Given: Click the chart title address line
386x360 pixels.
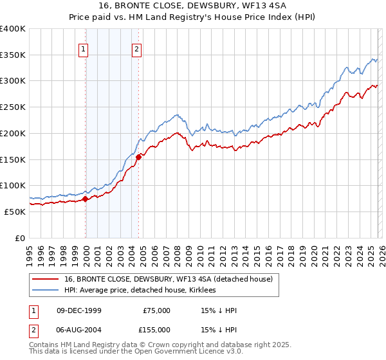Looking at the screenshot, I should [x=193, y=6].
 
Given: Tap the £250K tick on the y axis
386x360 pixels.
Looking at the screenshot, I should [x=13, y=107].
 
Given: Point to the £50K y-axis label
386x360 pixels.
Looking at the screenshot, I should [x=15, y=212].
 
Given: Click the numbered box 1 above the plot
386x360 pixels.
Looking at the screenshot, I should [x=84, y=47].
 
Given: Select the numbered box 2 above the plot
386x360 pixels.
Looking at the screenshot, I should [x=137, y=47].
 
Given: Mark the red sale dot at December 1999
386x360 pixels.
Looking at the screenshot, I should [x=85, y=199].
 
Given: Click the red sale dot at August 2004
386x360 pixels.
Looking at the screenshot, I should [x=138, y=157].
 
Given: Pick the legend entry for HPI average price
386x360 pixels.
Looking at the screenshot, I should [x=140, y=290].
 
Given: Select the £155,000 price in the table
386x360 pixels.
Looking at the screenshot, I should [x=156, y=330].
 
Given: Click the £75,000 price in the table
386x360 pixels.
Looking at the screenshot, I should [x=156, y=310].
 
